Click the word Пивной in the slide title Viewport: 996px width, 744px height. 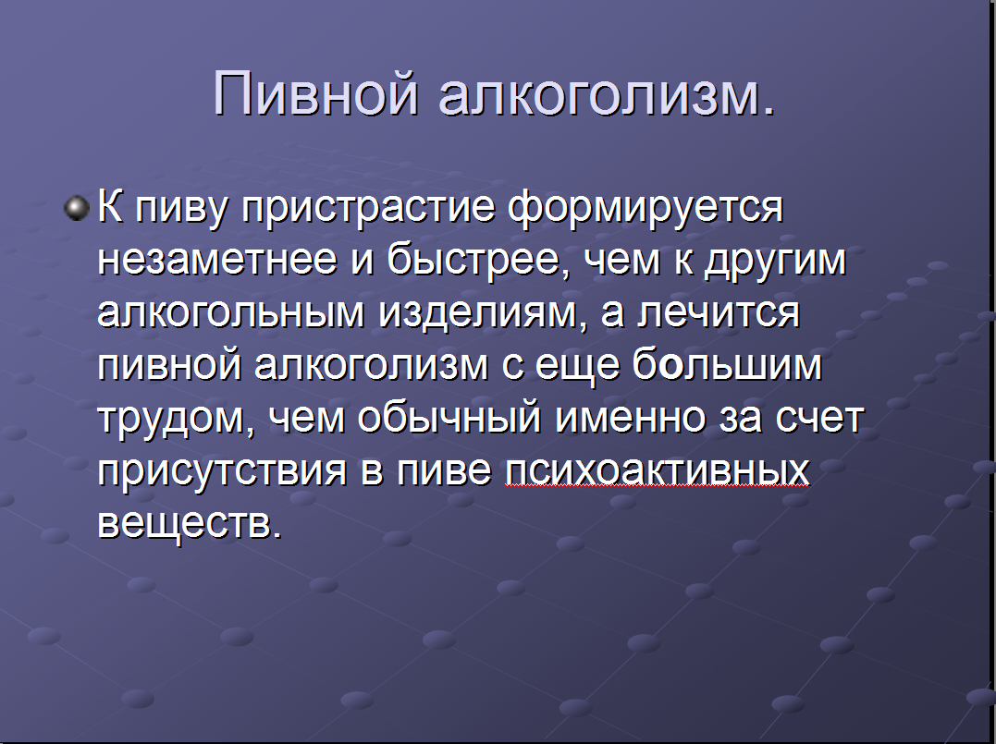click(x=315, y=93)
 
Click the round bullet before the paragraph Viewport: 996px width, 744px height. click(x=77, y=208)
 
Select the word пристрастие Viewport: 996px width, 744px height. click(x=369, y=208)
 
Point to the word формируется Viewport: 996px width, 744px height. click(x=647, y=208)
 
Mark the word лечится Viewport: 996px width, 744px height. click(x=717, y=313)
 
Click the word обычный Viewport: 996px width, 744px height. click(x=449, y=417)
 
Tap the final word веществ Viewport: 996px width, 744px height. click(x=190, y=523)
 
